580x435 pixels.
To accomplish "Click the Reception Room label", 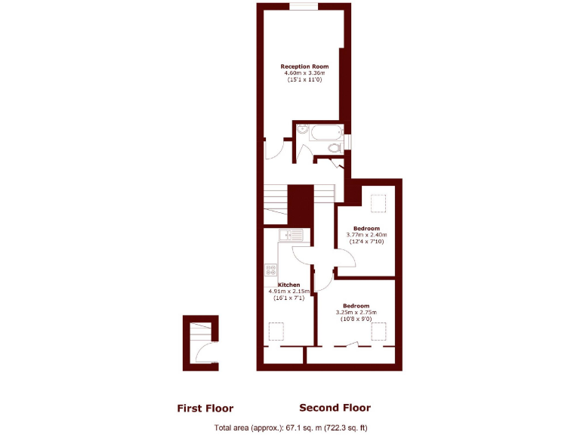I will click(304, 66).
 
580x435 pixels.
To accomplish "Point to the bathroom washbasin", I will click(301, 129).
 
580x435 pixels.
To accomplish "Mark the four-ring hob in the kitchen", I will click(270, 269).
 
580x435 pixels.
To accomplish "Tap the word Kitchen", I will click(278, 285).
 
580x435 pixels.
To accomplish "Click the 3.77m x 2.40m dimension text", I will click(366, 235).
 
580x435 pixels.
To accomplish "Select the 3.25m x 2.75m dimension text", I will click(356, 312).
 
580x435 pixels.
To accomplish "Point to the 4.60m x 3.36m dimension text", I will click(304, 73).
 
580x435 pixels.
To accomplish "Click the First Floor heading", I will click(205, 409).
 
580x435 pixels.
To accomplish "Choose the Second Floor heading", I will click(335, 408).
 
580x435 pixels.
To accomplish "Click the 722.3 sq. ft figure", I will click(347, 428).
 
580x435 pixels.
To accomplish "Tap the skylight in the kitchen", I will click(276, 332).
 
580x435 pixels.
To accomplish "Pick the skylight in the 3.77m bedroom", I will click(379, 204).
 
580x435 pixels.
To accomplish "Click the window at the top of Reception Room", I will click(304, 7).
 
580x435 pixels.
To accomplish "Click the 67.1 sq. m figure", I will click(298, 428).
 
